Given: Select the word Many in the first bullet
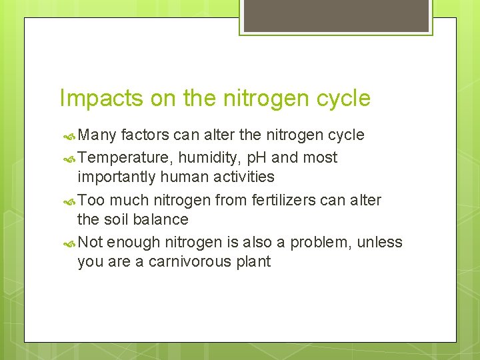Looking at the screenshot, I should coord(97,135).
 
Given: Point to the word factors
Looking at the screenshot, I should coord(145,135).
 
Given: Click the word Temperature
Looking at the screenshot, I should coord(126,158).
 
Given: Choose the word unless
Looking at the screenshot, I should coord(380,243).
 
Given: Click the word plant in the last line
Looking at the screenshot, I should coord(253,261).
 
